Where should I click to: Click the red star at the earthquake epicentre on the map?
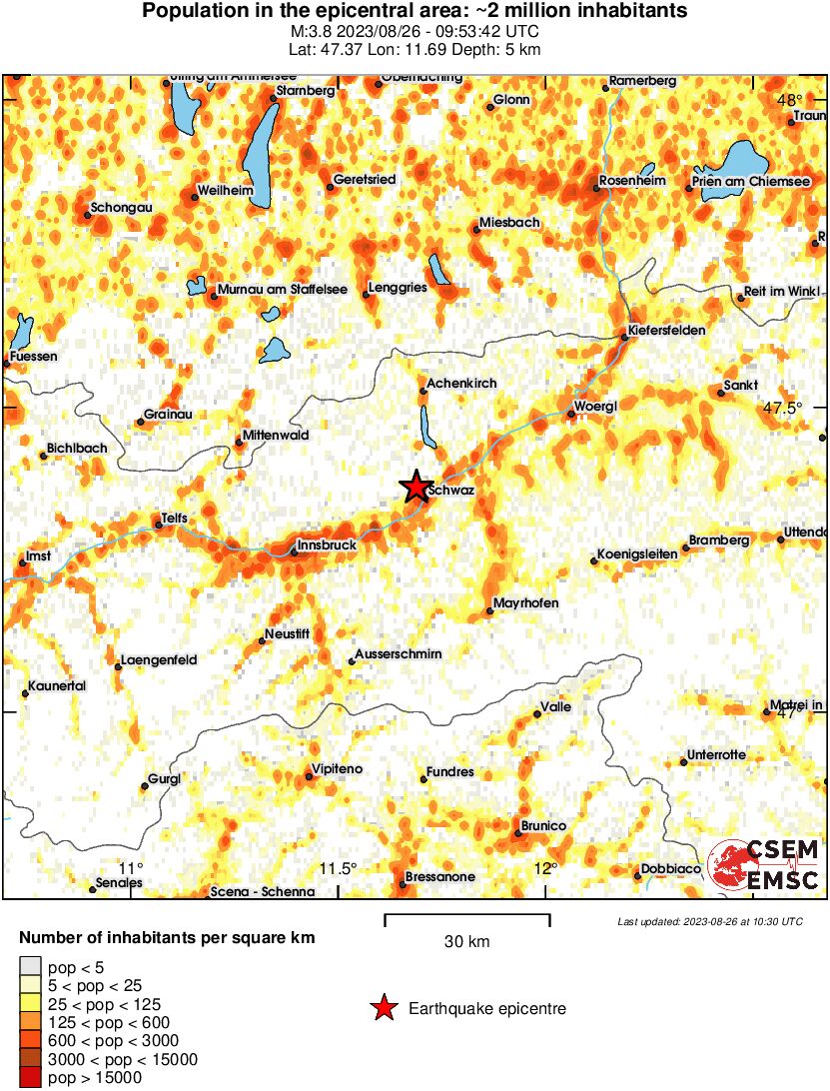coord(415,487)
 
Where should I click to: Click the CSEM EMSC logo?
coord(764,864)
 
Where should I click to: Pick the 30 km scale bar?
coord(466,919)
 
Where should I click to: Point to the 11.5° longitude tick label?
coord(340,867)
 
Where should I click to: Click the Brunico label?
coord(544,826)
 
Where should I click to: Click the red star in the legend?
coord(383,1009)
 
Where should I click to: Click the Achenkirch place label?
coord(460,384)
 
